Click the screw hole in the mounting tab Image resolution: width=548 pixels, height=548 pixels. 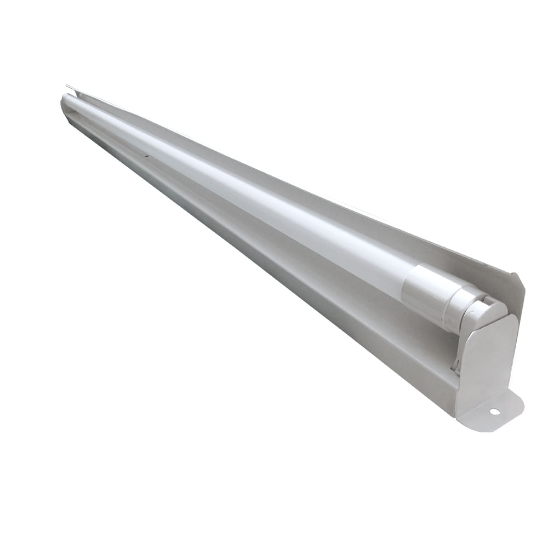coord(494,412)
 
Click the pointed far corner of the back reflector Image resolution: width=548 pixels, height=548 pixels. coord(67,86)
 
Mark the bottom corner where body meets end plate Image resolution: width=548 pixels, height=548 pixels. coord(456,414)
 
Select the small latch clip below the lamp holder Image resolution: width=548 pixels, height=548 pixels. coord(456,362)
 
